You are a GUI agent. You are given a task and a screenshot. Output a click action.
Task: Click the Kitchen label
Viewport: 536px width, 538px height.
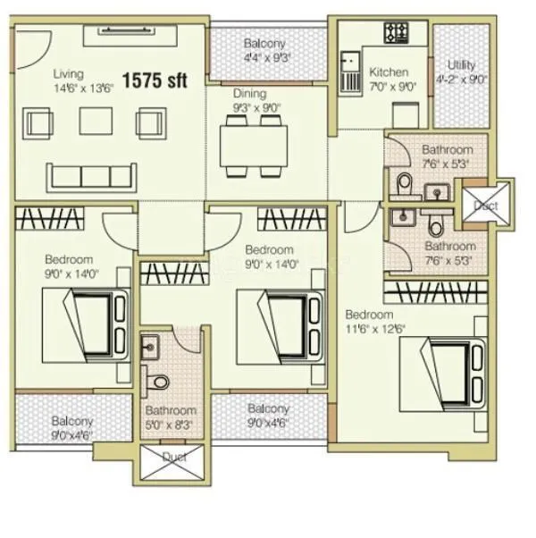[x=389, y=71]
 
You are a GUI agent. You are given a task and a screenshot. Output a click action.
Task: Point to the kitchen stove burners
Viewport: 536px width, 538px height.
[x=396, y=33]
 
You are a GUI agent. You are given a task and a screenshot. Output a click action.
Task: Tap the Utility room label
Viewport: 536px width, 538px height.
[x=462, y=65]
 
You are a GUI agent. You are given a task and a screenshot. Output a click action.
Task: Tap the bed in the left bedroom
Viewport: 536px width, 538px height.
[x=96, y=323]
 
